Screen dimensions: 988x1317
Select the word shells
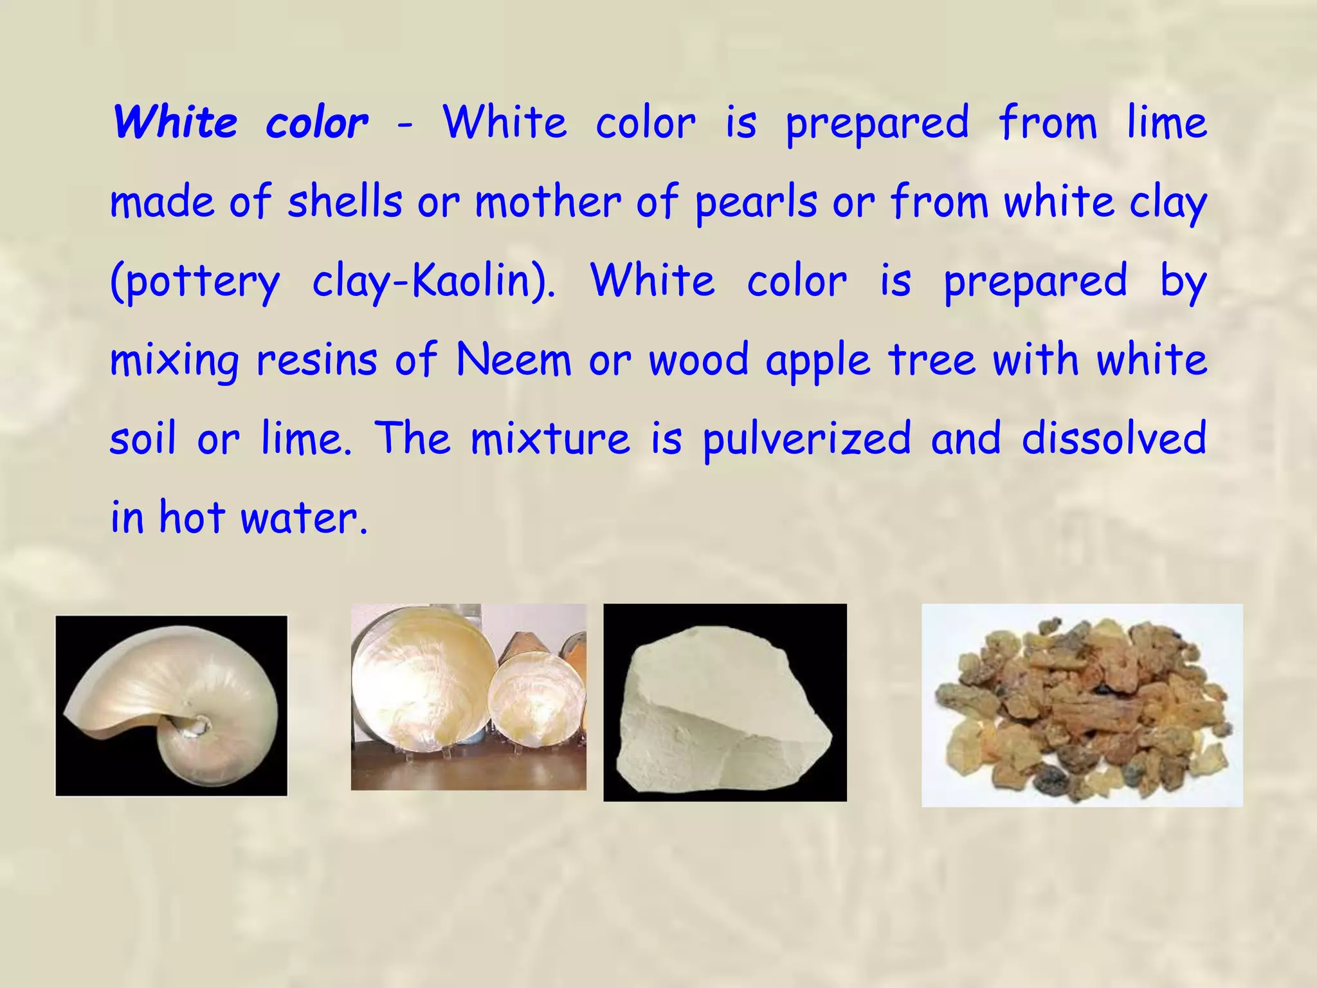pos(345,202)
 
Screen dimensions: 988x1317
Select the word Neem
pos(513,360)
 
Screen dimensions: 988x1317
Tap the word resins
pos(316,360)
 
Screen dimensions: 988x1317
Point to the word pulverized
pos(807,440)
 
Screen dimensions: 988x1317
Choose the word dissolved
pos(1114,439)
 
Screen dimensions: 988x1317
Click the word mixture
pos(550,439)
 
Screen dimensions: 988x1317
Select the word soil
pos(143,439)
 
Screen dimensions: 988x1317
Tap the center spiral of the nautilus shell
pos(201,724)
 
